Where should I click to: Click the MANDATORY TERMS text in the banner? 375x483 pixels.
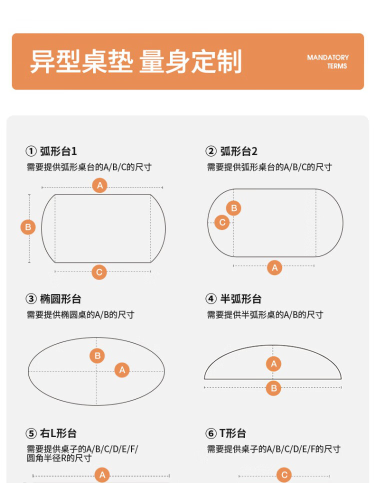[327, 61]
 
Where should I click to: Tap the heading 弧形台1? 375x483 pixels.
[58, 151]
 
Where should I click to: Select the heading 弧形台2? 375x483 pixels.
[238, 151]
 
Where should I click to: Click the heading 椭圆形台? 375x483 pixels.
[60, 299]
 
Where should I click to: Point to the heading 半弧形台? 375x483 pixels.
[240, 299]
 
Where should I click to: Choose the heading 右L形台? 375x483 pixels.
[58, 433]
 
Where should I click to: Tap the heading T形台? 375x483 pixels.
[232, 433]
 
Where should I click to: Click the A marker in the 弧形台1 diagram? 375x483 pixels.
[100, 185]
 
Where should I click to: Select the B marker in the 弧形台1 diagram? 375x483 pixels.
[28, 227]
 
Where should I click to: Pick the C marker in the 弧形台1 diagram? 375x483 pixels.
[99, 272]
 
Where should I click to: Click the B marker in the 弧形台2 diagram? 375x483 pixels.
[234, 208]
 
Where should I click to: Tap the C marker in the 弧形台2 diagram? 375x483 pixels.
[222, 222]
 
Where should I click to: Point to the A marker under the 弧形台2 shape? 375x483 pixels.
[274, 267]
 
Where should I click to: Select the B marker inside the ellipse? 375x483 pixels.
[97, 356]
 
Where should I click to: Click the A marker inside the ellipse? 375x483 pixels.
[122, 369]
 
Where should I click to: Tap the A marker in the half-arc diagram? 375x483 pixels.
[273, 364]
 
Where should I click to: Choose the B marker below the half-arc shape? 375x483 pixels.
[273, 388]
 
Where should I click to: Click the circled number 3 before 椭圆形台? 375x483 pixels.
[31, 299]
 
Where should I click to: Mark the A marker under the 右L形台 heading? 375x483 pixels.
[102, 475]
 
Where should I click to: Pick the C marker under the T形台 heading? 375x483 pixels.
[284, 475]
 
